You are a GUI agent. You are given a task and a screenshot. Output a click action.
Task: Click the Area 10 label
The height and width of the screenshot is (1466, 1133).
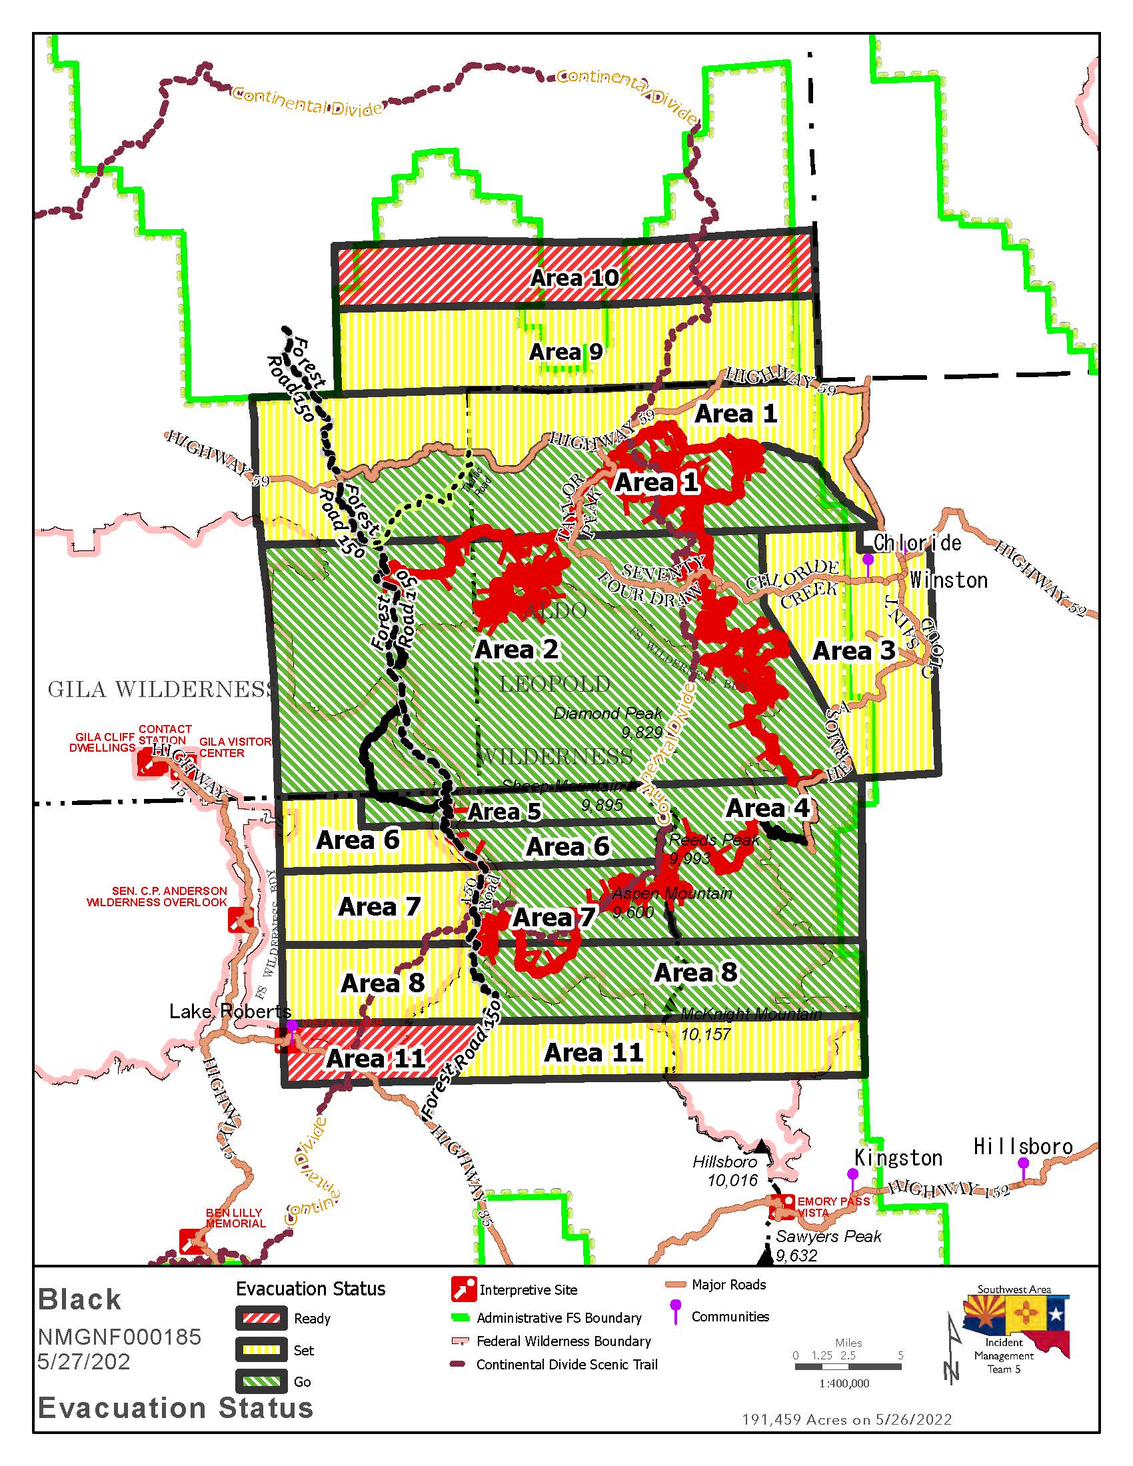(x=574, y=278)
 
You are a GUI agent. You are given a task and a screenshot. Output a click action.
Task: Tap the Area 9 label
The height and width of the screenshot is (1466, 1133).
(x=566, y=352)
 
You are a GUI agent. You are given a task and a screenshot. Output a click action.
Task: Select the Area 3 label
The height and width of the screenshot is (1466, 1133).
(x=853, y=650)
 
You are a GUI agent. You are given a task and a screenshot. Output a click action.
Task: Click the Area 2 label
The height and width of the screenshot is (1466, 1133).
(x=516, y=649)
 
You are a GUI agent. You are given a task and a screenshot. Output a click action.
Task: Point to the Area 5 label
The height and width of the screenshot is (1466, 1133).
(x=504, y=812)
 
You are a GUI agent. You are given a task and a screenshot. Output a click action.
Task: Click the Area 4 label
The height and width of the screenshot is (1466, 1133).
(x=767, y=808)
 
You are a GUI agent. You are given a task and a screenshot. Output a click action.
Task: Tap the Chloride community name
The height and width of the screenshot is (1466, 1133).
(x=917, y=542)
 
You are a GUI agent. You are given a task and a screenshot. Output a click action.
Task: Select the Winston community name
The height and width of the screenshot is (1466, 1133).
(x=948, y=580)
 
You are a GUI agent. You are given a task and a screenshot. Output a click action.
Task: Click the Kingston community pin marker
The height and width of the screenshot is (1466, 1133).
(x=852, y=1175)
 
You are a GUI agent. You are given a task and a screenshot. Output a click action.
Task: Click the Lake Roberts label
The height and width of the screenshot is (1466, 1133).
(x=229, y=1011)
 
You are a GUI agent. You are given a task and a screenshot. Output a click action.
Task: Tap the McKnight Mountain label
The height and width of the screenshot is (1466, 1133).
(x=750, y=1014)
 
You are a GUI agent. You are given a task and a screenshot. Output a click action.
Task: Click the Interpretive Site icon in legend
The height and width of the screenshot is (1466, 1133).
(x=464, y=1289)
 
